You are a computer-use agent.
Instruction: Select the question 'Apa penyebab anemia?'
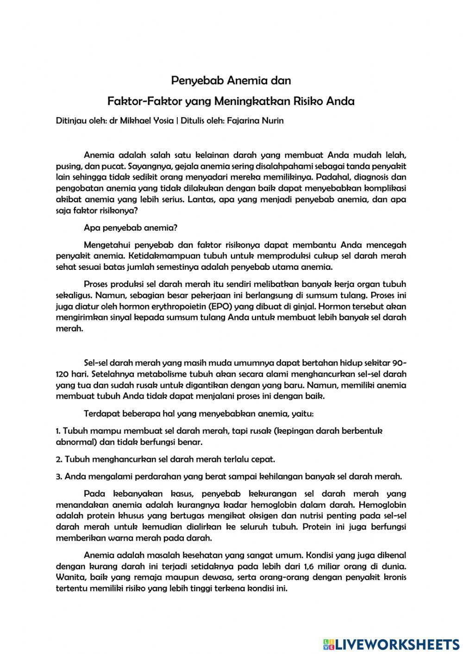click(x=131, y=228)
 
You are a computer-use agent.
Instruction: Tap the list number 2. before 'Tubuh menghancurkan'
click(x=59, y=459)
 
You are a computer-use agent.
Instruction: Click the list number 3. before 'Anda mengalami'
click(x=59, y=476)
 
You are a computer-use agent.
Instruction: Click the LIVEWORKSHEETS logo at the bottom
click(x=391, y=644)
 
